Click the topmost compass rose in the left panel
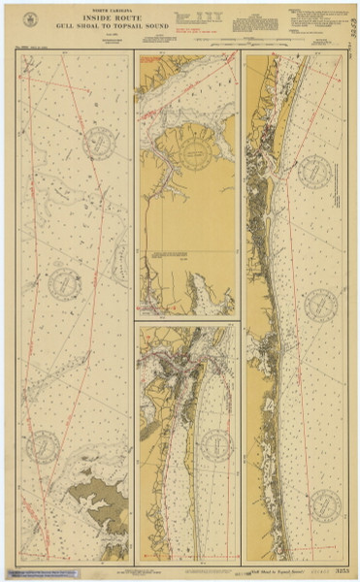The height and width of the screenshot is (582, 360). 100,143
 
